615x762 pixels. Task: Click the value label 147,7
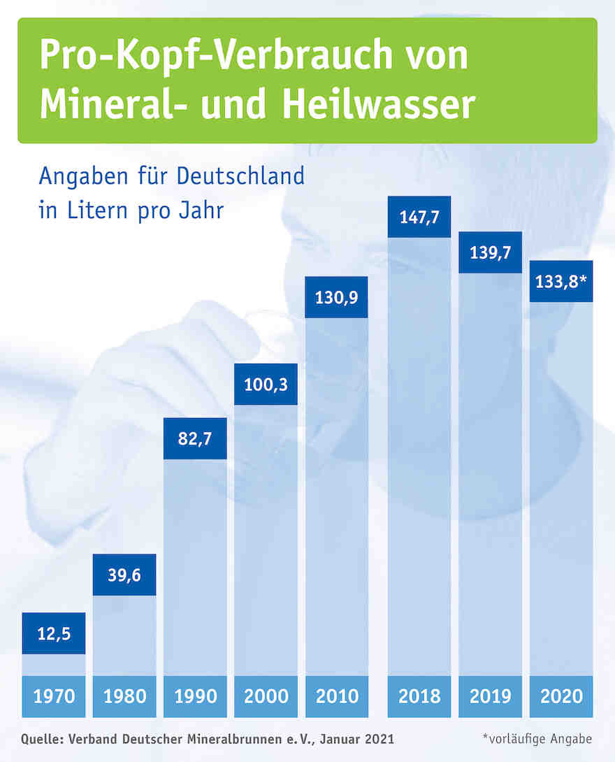(x=419, y=217)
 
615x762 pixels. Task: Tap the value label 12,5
(x=54, y=633)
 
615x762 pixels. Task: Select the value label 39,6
(x=124, y=575)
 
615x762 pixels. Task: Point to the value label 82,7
(x=195, y=439)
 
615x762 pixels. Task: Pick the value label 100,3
(x=266, y=384)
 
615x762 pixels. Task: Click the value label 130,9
(x=337, y=297)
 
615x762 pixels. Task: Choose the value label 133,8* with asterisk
(x=561, y=281)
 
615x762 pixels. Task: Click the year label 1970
(x=54, y=696)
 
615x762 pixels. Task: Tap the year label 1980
(x=124, y=696)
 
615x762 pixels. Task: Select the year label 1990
(x=195, y=696)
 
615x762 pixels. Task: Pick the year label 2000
(x=266, y=696)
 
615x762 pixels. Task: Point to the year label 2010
(x=337, y=696)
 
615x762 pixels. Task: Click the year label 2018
(x=419, y=696)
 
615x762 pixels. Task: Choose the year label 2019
(x=490, y=696)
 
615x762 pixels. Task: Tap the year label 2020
(x=561, y=696)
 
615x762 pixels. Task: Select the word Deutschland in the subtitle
(x=240, y=175)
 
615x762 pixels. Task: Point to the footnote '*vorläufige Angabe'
(x=537, y=739)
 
